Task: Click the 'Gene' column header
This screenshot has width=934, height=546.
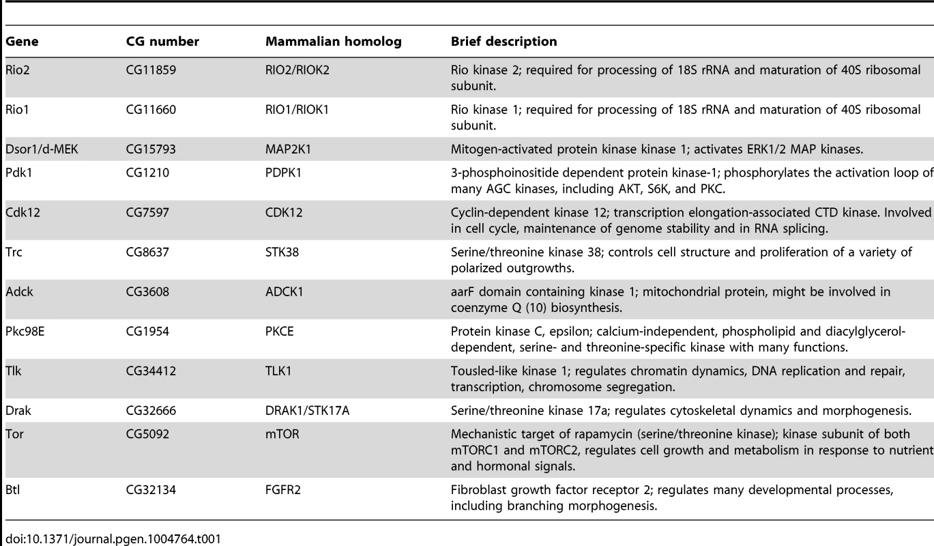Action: pyautogui.click(x=22, y=42)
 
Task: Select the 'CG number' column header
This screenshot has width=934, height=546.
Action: pyautogui.click(x=162, y=42)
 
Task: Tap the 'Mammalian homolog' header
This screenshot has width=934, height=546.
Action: pyautogui.click(x=334, y=42)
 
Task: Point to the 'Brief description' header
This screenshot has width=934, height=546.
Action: pyautogui.click(x=504, y=42)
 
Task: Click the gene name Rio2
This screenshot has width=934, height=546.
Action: pyautogui.click(x=18, y=70)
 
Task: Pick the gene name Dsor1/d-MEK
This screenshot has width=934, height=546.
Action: pyautogui.click(x=42, y=149)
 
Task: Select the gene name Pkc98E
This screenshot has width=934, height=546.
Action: pyautogui.click(x=25, y=331)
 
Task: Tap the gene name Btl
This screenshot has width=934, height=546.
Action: pyautogui.click(x=12, y=489)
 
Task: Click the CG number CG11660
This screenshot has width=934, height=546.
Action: pyautogui.click(x=151, y=109)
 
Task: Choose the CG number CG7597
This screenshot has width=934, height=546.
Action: pyautogui.click(x=147, y=212)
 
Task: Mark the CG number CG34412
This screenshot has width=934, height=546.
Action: pyautogui.click(x=151, y=371)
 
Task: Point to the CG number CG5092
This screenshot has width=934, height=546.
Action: pyautogui.click(x=147, y=434)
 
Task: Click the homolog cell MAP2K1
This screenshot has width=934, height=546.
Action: pyautogui.click(x=288, y=149)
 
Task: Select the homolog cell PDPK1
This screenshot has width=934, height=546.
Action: pyautogui.click(x=284, y=173)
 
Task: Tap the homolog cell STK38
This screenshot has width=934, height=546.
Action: pyautogui.click(x=282, y=252)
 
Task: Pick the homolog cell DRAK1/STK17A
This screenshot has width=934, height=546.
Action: pyautogui.click(x=307, y=410)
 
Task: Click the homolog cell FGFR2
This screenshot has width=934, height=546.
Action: pyautogui.click(x=283, y=489)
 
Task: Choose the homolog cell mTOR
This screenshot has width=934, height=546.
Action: pyautogui.click(x=282, y=434)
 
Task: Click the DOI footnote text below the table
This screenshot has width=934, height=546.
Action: pyautogui.click(x=113, y=539)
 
